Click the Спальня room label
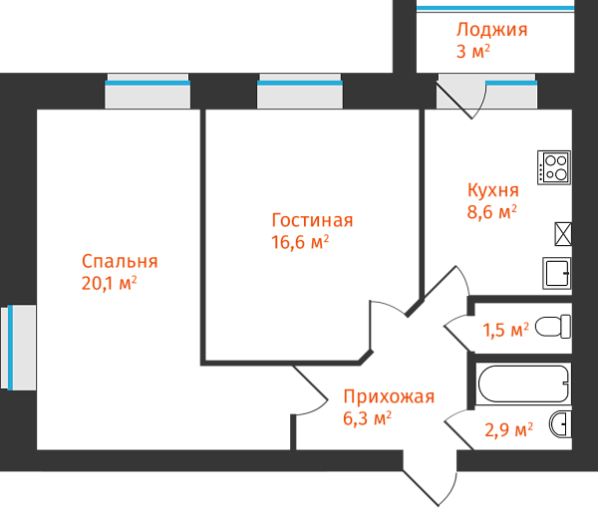(120, 262)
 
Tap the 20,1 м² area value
(109, 284)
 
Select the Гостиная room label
(312, 220)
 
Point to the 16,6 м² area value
(300, 242)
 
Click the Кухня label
(492, 190)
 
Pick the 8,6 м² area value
(492, 211)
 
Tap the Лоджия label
(491, 30)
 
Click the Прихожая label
(389, 397)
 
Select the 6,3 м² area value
(367, 419)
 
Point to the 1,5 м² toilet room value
(505, 330)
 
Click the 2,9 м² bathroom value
(508, 430)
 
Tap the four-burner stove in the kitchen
(553, 165)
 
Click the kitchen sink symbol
(557, 273)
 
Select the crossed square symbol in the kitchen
(563, 234)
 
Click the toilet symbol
(552, 327)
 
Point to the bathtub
(523, 383)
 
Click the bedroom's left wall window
(19, 349)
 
